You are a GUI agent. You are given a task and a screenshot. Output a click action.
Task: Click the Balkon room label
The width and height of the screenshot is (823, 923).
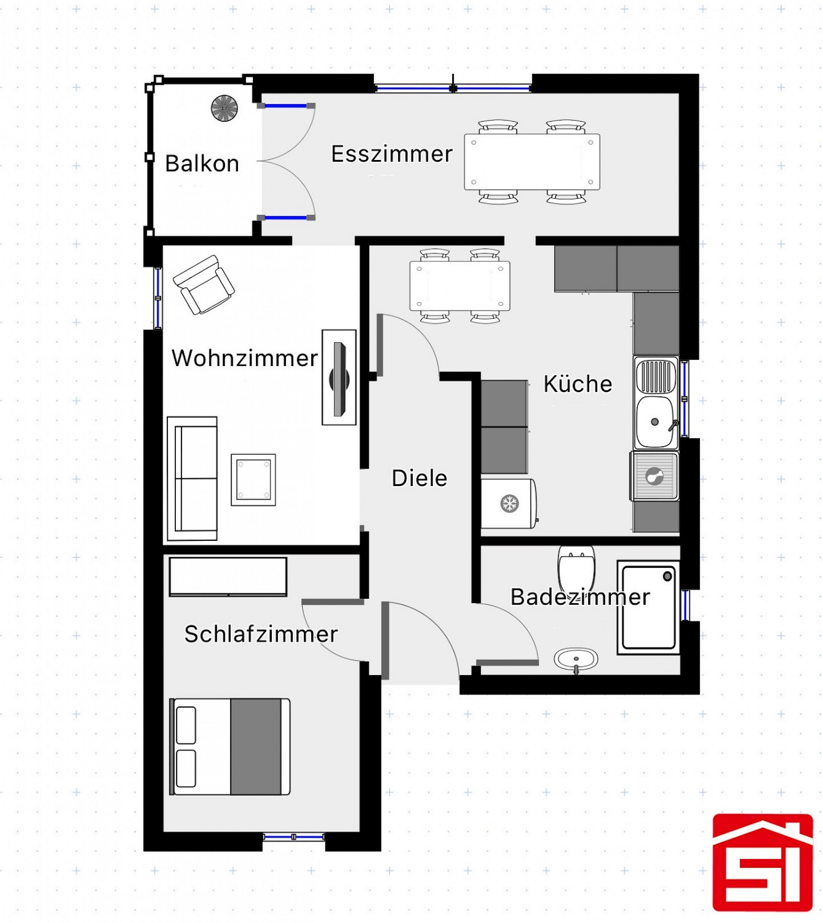tap(202, 163)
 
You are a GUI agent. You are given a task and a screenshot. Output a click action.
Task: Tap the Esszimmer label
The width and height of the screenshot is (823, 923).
tap(392, 154)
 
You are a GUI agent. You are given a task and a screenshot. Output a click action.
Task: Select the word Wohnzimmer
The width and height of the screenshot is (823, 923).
tap(245, 358)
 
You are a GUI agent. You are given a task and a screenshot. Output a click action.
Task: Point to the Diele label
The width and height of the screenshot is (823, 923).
tap(419, 478)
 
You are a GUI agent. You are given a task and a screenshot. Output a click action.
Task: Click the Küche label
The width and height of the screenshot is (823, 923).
tap(577, 384)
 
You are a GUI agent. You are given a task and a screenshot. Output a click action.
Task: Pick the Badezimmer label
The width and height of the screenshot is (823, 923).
tap(580, 597)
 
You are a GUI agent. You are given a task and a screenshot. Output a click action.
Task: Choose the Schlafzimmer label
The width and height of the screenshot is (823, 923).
tap(261, 634)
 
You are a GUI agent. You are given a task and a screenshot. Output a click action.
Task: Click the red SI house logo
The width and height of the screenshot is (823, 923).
tap(763, 868)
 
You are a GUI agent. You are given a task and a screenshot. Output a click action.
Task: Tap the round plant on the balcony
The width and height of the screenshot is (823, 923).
tap(224, 108)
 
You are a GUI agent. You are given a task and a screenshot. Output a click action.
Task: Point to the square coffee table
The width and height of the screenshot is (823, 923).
tap(253, 480)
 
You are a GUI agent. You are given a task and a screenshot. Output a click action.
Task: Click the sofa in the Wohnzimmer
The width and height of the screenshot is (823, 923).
tap(192, 479)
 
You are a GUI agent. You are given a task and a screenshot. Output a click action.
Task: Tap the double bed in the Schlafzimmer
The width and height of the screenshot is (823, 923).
tap(230, 747)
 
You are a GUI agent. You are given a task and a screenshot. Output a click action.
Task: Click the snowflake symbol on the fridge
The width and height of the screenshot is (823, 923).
tap(510, 504)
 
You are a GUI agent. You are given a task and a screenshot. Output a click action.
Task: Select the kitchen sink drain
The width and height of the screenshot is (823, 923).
tap(655, 422)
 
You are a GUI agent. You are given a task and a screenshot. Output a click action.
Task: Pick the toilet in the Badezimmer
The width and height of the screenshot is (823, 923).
tap(576, 569)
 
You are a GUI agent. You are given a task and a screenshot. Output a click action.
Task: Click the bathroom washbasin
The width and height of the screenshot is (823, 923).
tap(576, 659)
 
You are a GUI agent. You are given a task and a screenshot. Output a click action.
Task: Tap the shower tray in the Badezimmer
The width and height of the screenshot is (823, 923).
tap(649, 608)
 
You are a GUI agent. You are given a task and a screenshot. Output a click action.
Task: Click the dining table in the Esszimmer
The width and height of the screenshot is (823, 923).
tap(532, 162)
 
